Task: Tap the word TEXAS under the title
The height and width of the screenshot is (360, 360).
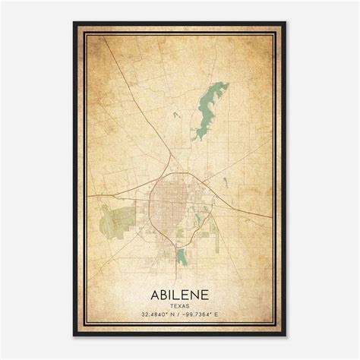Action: pos(181,305)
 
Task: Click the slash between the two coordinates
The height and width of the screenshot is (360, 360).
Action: pos(179,314)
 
